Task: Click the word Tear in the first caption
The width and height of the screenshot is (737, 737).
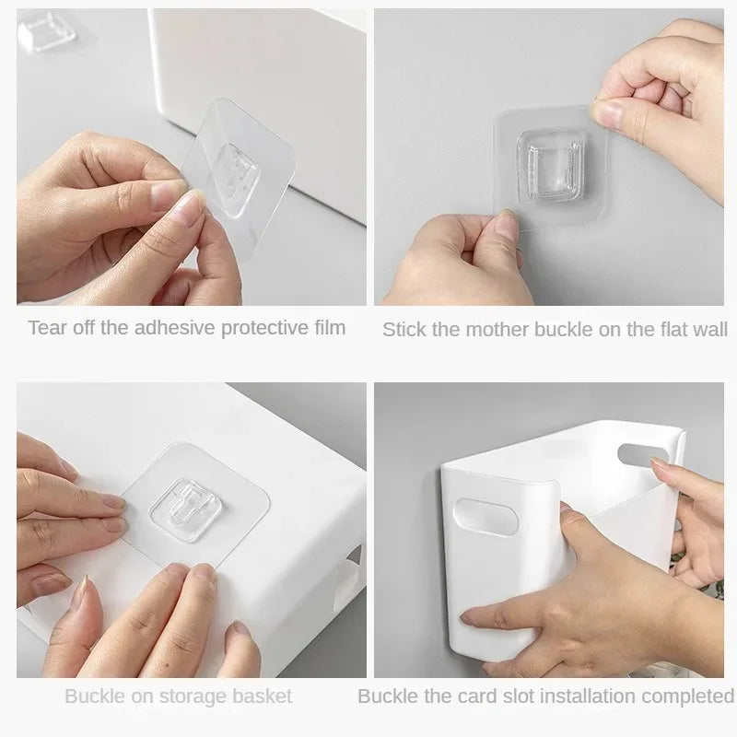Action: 46,327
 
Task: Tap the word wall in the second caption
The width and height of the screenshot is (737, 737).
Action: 709,329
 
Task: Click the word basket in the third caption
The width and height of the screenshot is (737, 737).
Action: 263,696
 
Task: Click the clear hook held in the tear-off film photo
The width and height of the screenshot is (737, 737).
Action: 247,167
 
